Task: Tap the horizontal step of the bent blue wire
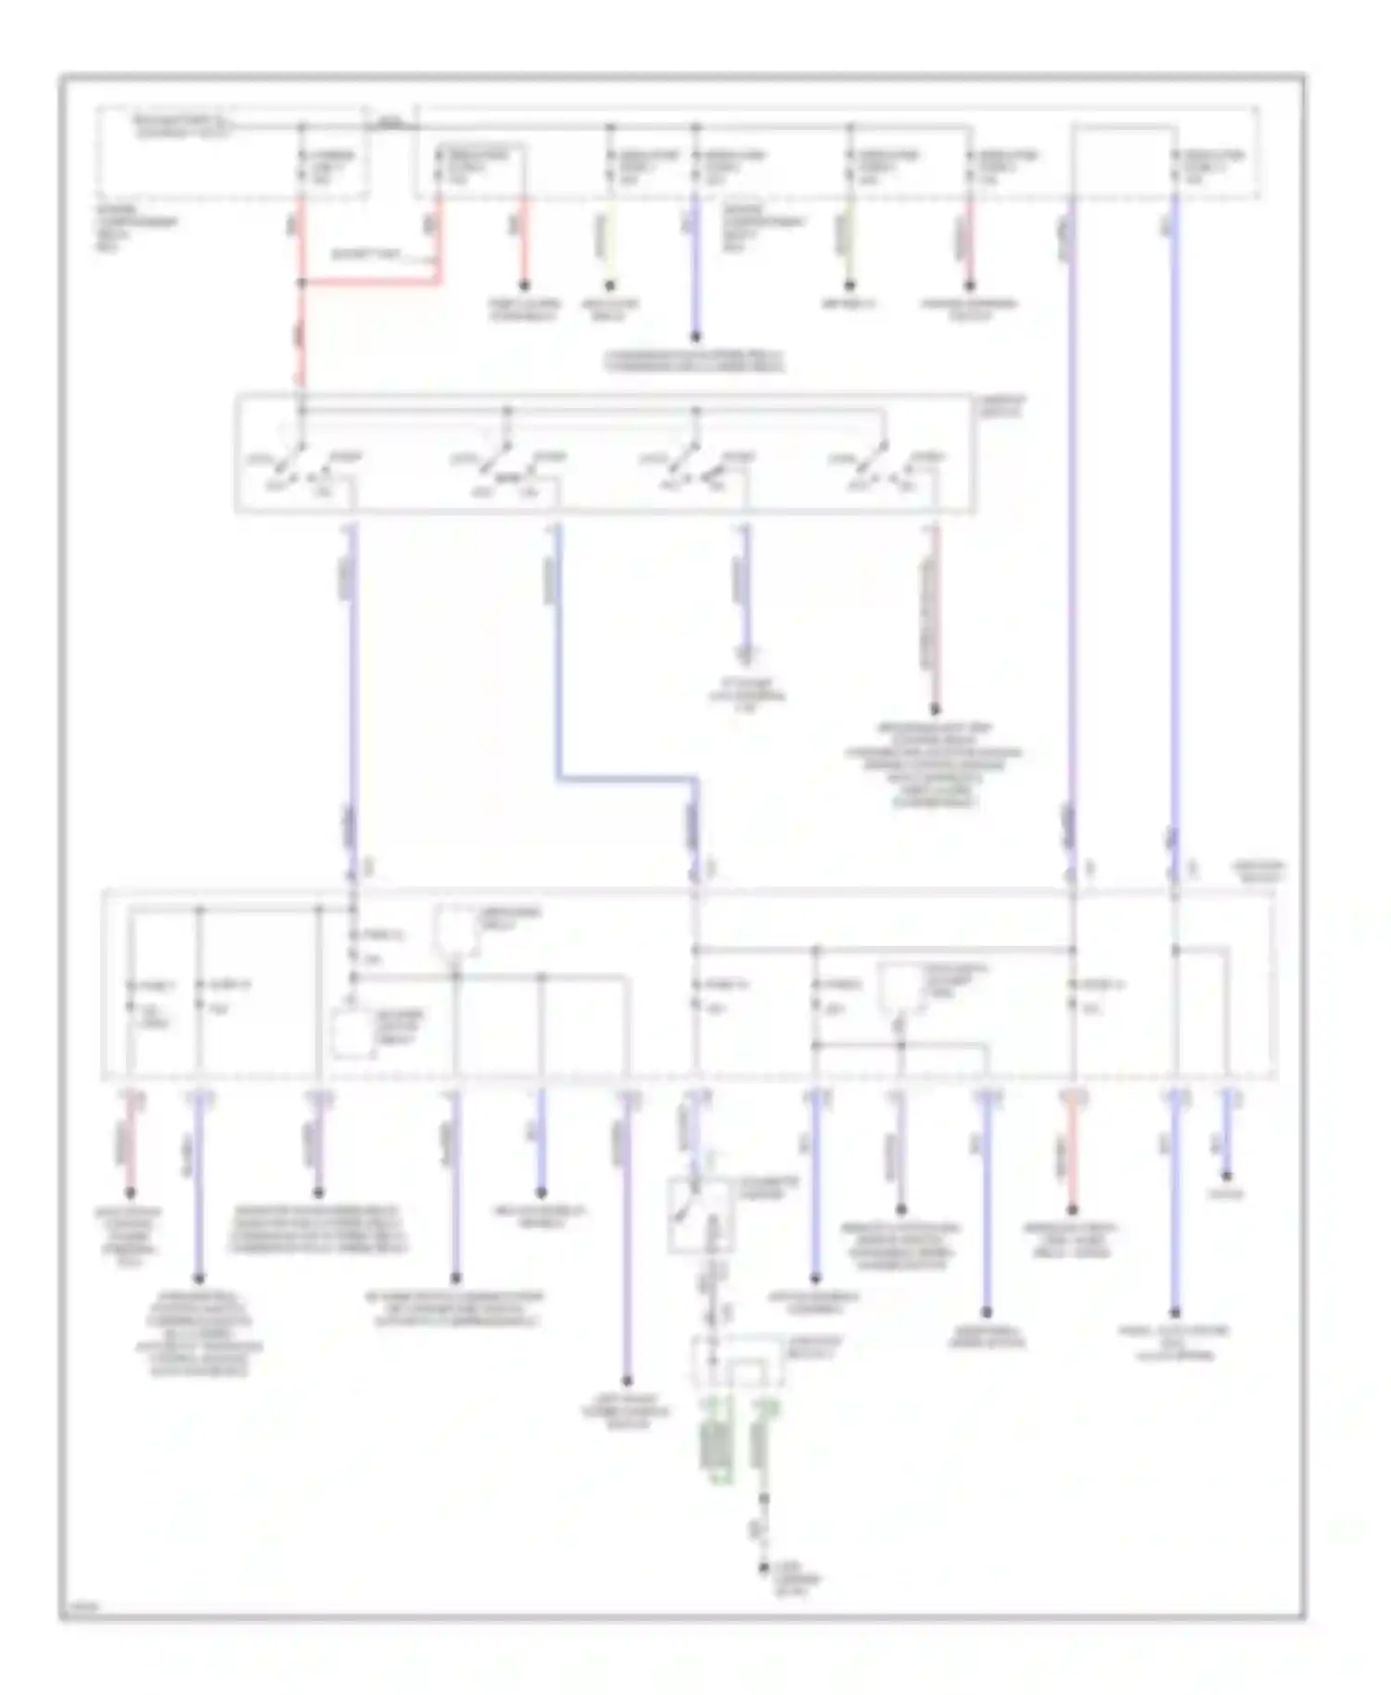[x=627, y=779]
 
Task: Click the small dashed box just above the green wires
[x=739, y=1361]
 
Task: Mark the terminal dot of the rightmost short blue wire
[x=1229, y=1176]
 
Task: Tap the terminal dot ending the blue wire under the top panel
[x=695, y=338]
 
